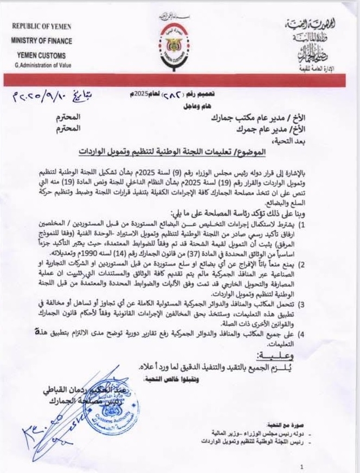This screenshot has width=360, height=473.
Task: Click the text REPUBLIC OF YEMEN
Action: [42, 26]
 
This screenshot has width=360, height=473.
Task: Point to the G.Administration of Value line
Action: [43, 65]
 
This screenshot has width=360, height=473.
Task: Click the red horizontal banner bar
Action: [180, 80]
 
